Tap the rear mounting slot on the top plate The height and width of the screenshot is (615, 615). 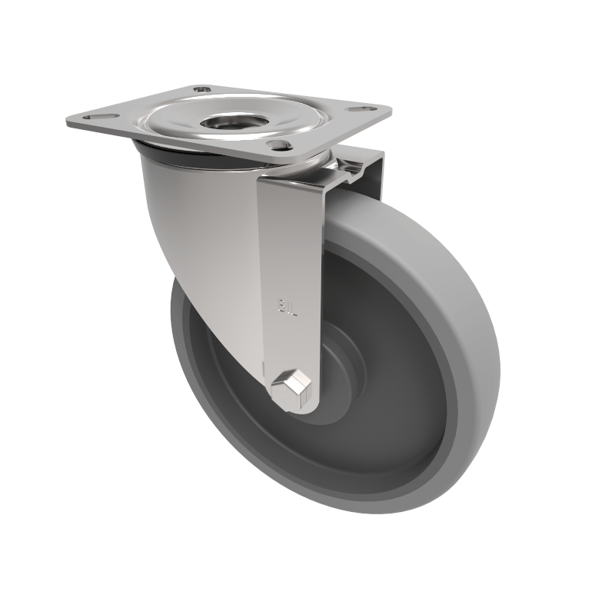(x=201, y=90)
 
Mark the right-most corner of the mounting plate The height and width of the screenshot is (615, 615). (x=391, y=109)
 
